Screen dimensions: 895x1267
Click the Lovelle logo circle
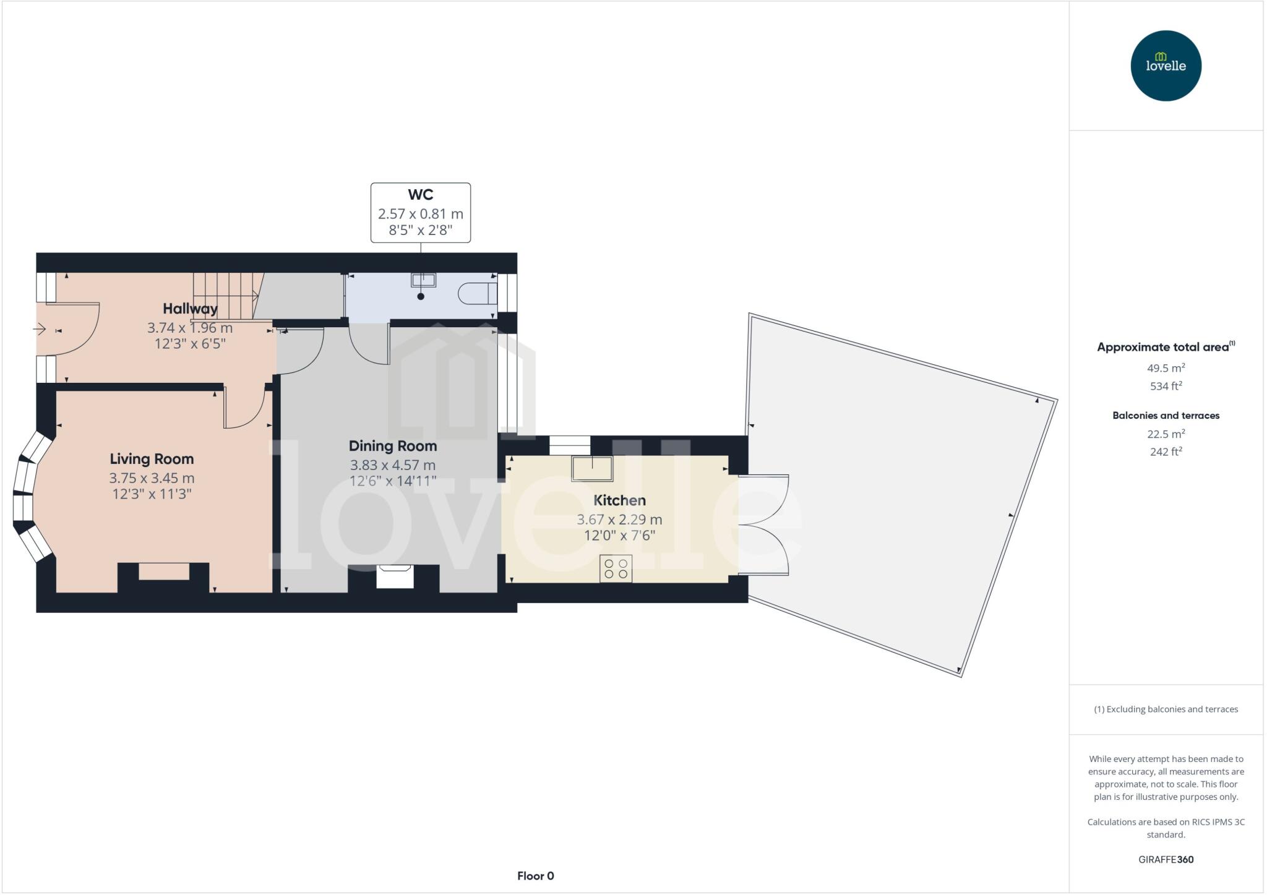click(1166, 66)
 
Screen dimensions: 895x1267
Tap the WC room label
click(420, 195)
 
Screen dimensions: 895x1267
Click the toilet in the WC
click(478, 294)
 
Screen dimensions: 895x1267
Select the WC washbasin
click(423, 280)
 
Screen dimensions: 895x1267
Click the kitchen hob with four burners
click(616, 569)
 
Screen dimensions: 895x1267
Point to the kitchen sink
click(592, 468)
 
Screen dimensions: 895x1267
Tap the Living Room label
click(152, 459)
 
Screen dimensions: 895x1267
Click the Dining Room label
click(393, 446)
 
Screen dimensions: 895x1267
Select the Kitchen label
click(619, 500)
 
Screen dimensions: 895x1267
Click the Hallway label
click(190, 309)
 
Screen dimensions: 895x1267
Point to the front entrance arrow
click(40, 329)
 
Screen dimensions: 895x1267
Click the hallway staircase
click(225, 296)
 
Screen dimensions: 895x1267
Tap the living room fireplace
click(164, 572)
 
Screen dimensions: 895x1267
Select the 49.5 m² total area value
click(1166, 368)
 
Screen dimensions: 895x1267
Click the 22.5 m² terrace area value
click(1166, 434)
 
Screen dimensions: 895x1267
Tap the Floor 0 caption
click(536, 876)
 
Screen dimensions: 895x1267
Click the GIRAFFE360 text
click(1166, 859)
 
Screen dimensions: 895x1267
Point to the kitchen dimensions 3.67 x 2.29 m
click(619, 520)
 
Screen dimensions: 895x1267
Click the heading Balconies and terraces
click(1166, 416)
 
